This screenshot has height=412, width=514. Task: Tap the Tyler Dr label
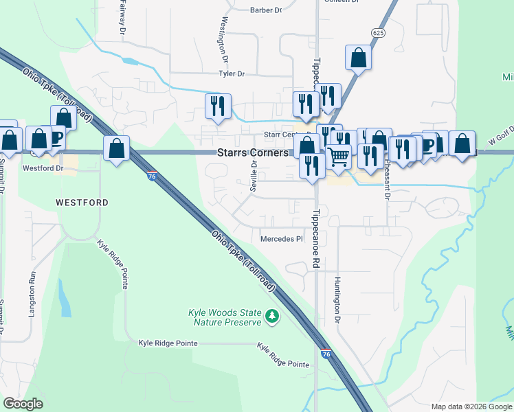232,73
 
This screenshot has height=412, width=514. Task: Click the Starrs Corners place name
253,153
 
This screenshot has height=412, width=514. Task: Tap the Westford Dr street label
43,168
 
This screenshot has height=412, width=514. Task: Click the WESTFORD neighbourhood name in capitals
82,203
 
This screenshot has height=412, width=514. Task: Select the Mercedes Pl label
281,239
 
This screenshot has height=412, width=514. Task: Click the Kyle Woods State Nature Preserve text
225,317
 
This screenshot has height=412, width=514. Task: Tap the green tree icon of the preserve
273,316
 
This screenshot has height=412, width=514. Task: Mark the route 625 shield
377,32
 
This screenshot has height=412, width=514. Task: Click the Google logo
23,404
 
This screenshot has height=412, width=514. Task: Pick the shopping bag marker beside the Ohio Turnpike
117,148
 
